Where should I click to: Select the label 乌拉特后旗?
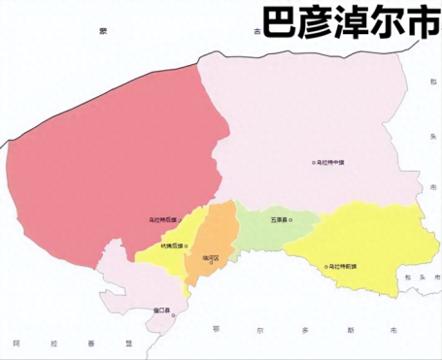click(163, 220)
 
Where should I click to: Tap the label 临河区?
click(211, 257)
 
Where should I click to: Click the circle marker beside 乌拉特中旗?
click(313, 162)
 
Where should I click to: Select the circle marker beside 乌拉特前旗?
click(326, 265)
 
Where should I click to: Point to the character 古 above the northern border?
click(256, 32)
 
